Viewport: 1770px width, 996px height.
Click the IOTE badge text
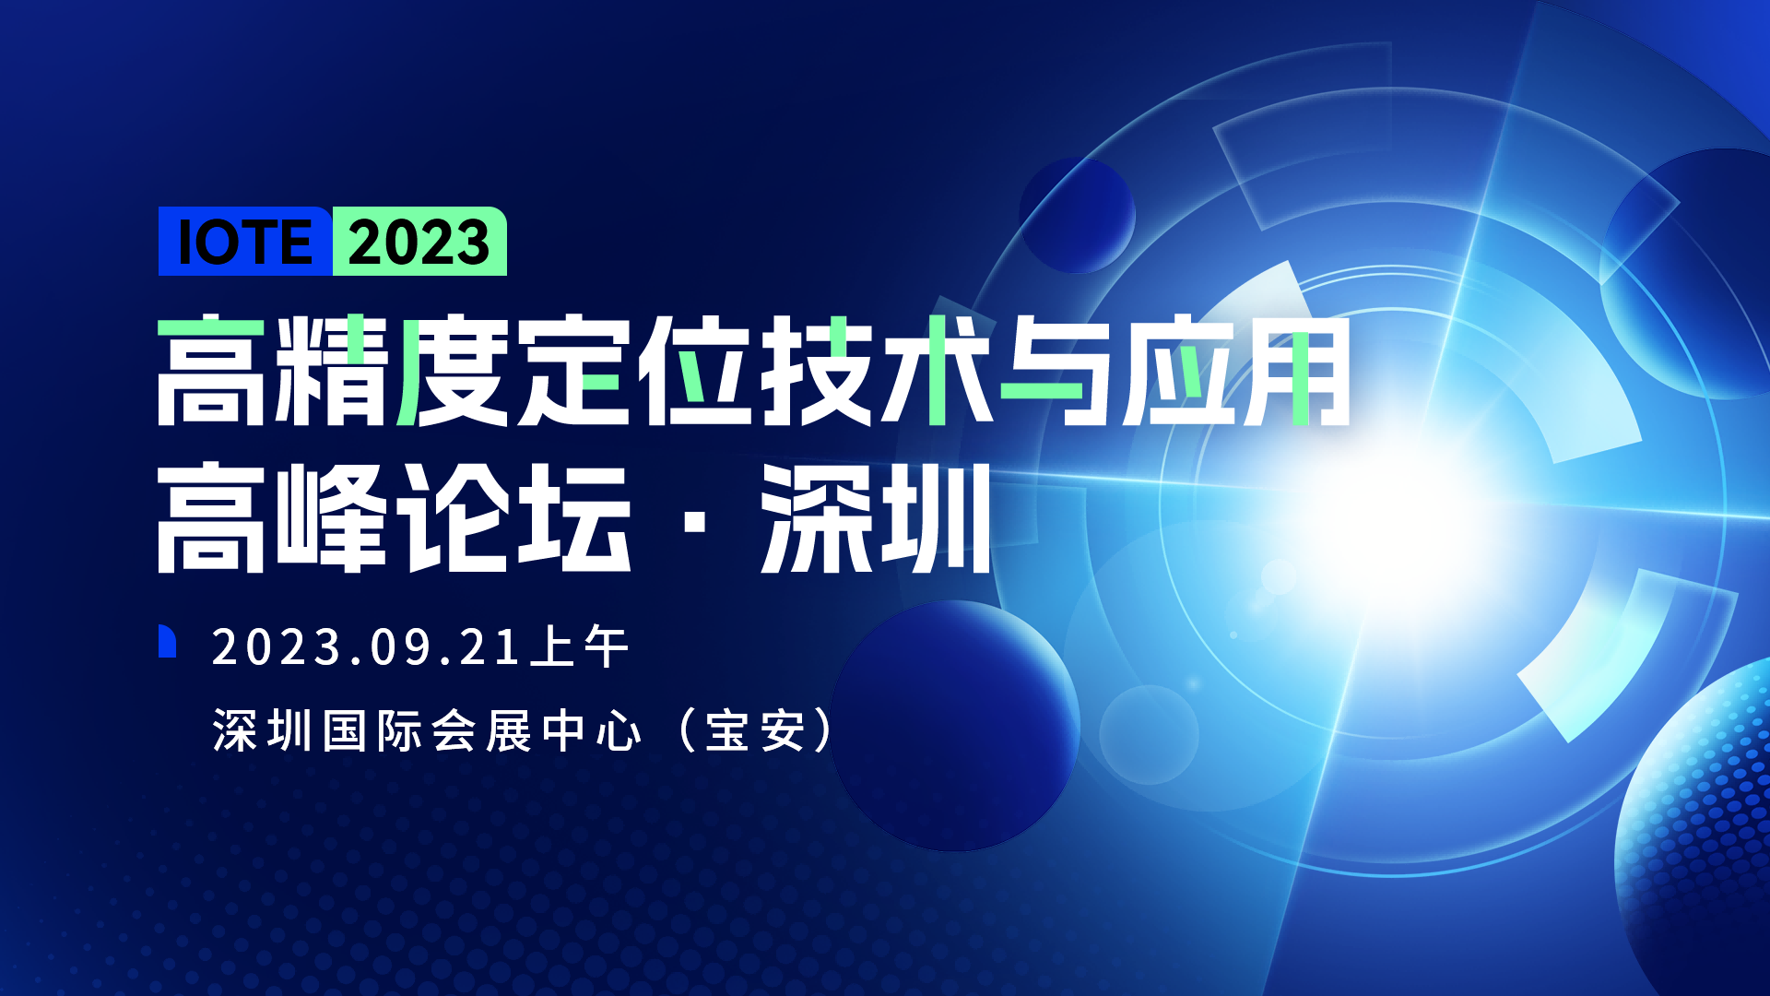(x=245, y=243)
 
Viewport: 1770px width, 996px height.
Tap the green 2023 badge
(x=419, y=243)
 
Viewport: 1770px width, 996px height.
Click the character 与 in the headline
(x=1056, y=371)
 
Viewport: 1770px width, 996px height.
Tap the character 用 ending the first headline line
(x=1297, y=371)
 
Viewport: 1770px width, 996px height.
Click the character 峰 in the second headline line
(x=332, y=517)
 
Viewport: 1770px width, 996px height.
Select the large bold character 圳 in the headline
(x=936, y=517)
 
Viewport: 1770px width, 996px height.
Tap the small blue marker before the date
(x=167, y=641)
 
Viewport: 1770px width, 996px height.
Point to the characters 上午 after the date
(x=580, y=647)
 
